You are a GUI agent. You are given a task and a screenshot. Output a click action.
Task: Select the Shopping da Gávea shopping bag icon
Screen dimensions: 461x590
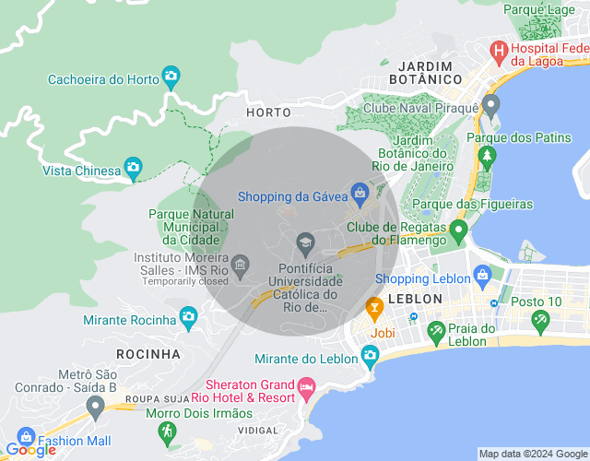tap(360, 193)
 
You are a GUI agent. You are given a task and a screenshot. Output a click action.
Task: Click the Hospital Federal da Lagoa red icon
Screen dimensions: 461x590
tap(499, 49)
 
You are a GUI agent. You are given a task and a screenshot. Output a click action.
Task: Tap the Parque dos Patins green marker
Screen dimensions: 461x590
tap(486, 152)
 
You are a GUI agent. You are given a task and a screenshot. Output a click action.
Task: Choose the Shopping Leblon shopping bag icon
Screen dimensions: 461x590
tap(481, 275)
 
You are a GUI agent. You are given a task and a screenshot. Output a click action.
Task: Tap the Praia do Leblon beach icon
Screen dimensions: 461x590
tap(436, 331)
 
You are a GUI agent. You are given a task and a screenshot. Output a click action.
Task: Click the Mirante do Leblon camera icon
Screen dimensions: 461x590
tap(370, 354)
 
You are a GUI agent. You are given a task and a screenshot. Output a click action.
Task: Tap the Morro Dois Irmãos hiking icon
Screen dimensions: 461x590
tap(167, 431)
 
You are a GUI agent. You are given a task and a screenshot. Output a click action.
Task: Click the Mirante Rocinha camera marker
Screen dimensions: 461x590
tap(189, 316)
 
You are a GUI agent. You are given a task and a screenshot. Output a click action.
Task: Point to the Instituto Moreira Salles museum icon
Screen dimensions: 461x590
tap(241, 266)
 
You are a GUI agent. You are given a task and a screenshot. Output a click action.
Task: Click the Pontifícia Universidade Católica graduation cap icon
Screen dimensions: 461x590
tap(305, 244)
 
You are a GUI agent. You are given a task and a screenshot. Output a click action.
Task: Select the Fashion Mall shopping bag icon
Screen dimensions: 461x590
tap(26, 437)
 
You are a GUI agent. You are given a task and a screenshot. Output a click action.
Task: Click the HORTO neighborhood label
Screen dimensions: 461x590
tap(268, 112)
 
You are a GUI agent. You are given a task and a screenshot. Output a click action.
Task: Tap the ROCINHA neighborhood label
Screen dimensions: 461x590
tap(148, 353)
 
